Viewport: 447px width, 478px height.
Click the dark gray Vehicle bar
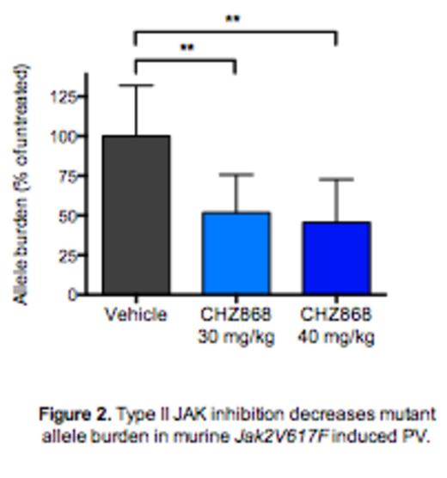[x=136, y=215]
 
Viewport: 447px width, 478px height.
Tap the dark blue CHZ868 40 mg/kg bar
[x=336, y=258]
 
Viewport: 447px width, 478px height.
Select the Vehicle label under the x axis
[x=136, y=315]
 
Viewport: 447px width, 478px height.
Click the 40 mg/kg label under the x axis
[x=336, y=336]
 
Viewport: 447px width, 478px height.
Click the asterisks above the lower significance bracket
[x=187, y=48]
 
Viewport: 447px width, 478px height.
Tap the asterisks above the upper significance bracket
[x=232, y=19]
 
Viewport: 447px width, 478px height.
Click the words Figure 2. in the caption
[x=76, y=414]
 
